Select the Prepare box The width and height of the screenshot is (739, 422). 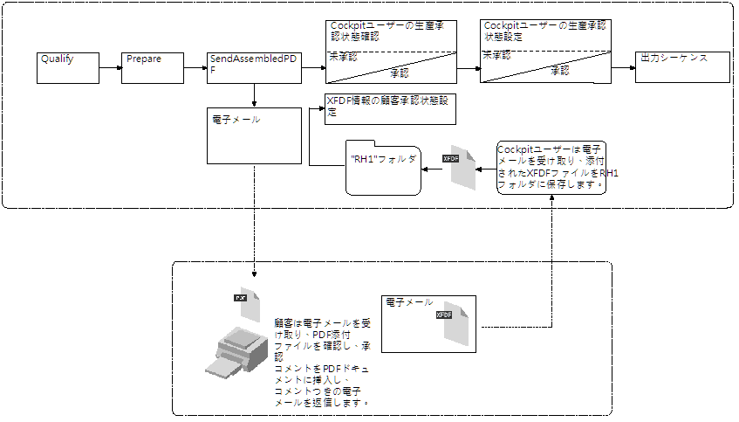click(154, 67)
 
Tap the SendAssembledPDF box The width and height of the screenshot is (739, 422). click(252, 67)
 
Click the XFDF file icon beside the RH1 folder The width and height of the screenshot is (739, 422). click(462, 166)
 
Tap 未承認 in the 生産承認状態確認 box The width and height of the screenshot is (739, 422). click(342, 56)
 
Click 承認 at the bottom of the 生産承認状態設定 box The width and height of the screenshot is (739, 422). click(558, 70)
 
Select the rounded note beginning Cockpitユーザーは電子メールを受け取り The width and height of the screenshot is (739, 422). click(551, 167)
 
